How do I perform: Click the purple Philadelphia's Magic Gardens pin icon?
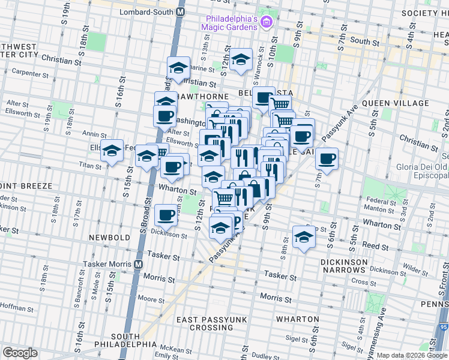click(x=267, y=22)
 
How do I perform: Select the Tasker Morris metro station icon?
click(x=139, y=264)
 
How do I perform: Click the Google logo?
click(x=20, y=353)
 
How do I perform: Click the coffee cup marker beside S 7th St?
click(x=327, y=158)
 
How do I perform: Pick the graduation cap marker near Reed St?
click(x=304, y=237)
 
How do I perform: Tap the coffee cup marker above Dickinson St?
click(x=166, y=214)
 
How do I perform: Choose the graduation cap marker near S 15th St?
click(x=112, y=152)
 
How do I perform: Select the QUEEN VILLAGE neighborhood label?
click(x=395, y=103)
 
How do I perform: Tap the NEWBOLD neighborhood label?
click(x=110, y=238)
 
